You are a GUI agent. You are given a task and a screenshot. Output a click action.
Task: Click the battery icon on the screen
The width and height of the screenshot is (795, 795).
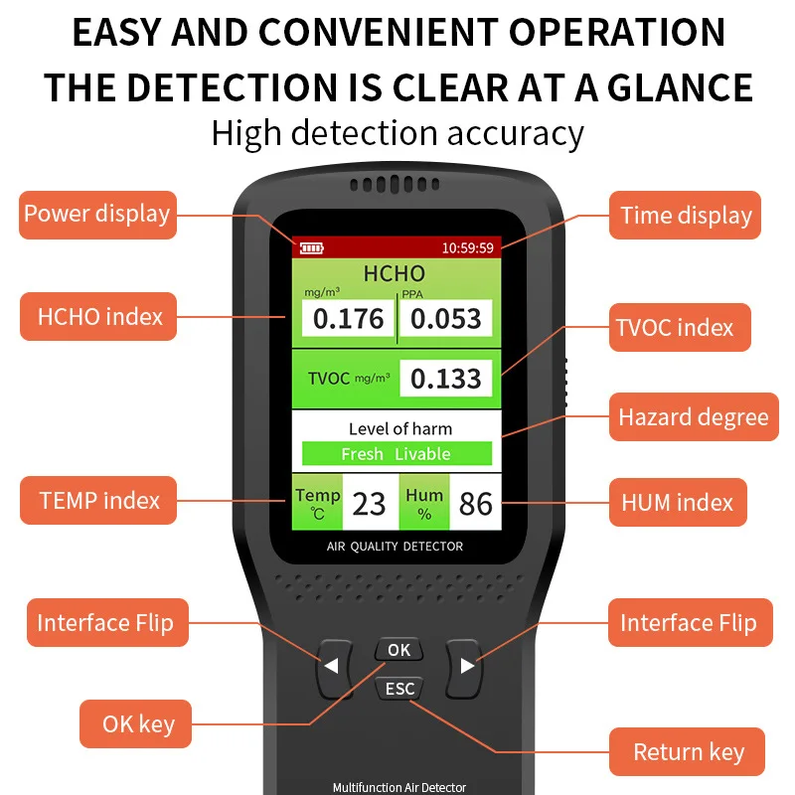(x=311, y=247)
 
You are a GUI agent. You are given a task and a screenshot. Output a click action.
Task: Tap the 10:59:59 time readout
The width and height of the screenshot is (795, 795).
(x=467, y=247)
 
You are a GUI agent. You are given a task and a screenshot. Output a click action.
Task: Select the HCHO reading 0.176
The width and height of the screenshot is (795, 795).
(x=348, y=318)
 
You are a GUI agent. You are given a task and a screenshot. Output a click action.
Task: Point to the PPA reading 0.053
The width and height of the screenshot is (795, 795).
(x=445, y=318)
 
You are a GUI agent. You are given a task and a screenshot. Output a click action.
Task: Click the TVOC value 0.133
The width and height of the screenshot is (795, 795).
(x=445, y=379)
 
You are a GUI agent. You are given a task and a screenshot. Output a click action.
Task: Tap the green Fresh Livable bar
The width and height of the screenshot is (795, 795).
(x=397, y=454)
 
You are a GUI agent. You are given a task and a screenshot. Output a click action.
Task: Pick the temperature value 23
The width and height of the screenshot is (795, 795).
(x=370, y=504)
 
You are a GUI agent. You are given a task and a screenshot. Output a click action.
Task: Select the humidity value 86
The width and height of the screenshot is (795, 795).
(x=476, y=504)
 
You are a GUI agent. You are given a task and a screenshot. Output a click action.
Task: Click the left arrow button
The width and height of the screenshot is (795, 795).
(x=334, y=668)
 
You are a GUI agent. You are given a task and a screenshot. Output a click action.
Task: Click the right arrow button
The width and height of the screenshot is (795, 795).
(x=464, y=668)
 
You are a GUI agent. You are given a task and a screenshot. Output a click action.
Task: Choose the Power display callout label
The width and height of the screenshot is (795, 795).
(x=97, y=215)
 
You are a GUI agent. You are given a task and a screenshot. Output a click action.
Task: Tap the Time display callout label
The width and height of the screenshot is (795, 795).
(x=685, y=215)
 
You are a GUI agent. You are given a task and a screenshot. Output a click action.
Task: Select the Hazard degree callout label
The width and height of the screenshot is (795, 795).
(x=694, y=416)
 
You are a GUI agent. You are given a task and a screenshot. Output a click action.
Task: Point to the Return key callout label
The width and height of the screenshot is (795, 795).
(x=687, y=751)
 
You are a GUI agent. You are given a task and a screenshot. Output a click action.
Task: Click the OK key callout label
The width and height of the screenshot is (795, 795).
(x=135, y=724)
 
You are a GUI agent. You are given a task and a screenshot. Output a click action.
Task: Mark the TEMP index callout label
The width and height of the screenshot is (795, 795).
(x=98, y=501)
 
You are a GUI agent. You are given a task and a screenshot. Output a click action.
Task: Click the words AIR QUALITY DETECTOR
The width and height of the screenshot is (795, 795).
(x=395, y=546)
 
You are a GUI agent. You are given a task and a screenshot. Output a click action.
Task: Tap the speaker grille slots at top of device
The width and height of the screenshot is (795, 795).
(x=395, y=185)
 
